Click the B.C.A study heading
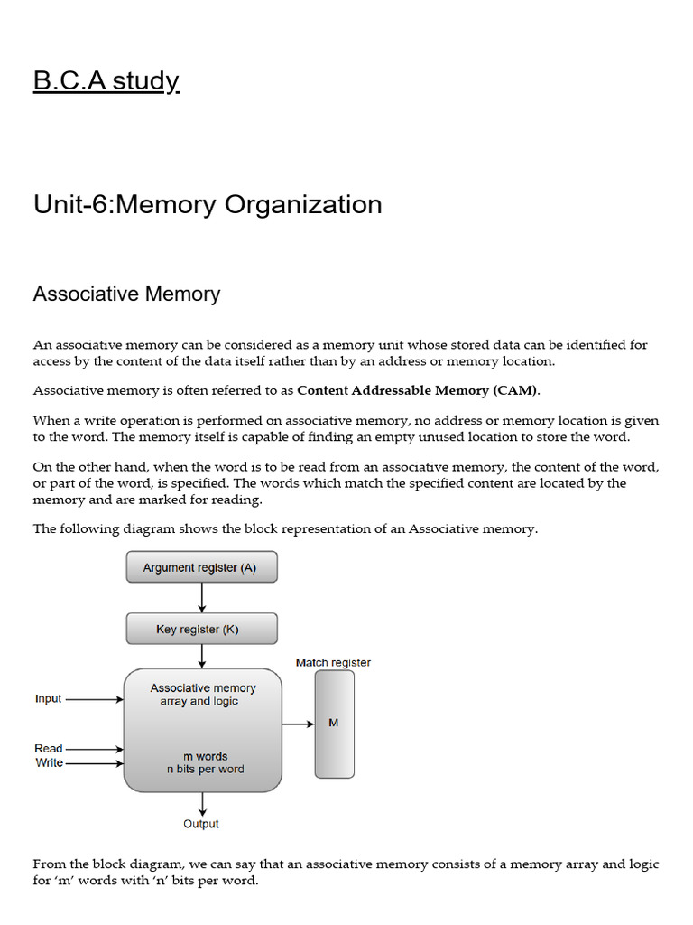106,81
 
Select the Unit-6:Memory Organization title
208,204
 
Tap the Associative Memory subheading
126,294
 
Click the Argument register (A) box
201,567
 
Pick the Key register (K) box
201,629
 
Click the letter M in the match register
334,724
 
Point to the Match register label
333,662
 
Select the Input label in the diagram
48,698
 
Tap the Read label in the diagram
48,748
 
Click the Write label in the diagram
49,762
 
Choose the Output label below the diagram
201,824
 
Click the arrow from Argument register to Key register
201,597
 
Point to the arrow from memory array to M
298,724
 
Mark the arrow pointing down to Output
201,804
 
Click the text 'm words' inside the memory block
205,756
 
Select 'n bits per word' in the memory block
205,770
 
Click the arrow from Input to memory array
95,698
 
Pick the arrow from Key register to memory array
201,657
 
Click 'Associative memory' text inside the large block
203,687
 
